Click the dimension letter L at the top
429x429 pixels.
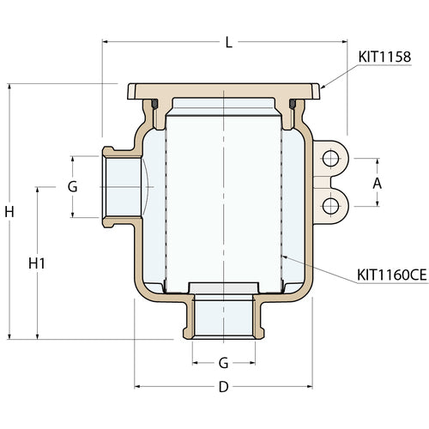[227, 42]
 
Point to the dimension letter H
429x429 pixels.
[9, 211]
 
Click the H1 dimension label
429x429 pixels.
[37, 263]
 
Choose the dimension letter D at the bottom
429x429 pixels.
[223, 387]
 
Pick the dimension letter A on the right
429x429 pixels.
[377, 184]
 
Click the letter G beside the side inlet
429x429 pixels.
[73, 186]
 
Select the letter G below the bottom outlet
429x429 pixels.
[222, 362]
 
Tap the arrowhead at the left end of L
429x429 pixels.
[106, 39]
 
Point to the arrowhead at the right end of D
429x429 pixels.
[308, 387]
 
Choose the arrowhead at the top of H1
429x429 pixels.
[37, 187]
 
